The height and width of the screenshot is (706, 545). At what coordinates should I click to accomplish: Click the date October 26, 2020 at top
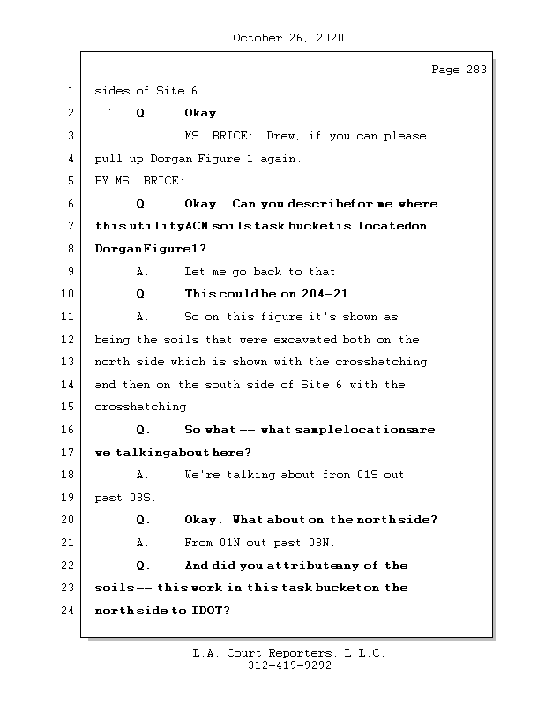(288, 38)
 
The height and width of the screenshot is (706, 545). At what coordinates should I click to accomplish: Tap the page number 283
(476, 70)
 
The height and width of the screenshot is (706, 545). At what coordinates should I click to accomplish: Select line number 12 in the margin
(67, 339)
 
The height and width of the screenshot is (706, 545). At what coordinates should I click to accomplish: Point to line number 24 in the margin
(67, 610)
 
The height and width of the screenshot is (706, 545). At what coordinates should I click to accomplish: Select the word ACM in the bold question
(197, 226)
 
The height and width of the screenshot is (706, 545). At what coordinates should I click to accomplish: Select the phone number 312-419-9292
(289, 665)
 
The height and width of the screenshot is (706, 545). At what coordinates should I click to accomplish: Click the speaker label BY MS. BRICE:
(139, 181)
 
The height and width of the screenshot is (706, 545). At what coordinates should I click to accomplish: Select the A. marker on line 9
(142, 272)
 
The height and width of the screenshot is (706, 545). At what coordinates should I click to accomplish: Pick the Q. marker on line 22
(143, 566)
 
